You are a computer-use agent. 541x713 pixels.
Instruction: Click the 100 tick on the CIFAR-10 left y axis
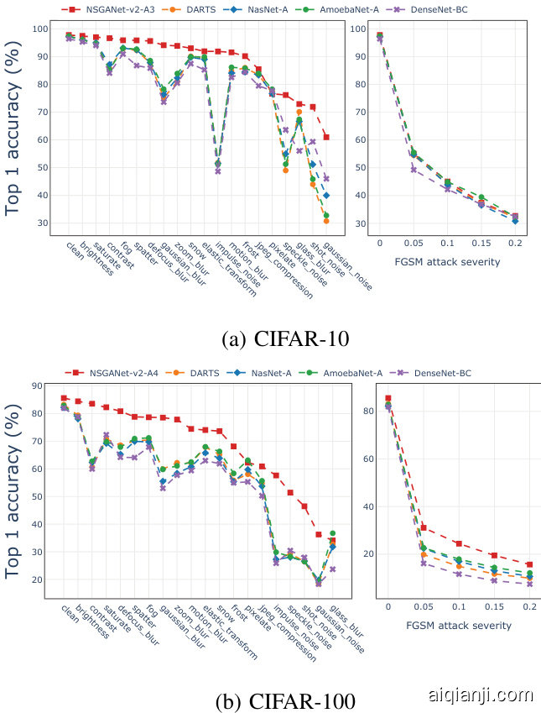tap(41, 29)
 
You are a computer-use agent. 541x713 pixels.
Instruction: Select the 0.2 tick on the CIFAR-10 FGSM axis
tap(515, 242)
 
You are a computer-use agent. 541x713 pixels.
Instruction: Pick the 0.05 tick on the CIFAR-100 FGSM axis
tap(424, 606)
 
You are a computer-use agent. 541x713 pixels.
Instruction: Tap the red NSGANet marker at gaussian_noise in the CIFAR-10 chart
tap(326, 137)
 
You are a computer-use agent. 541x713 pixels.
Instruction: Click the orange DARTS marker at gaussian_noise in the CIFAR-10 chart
tap(326, 221)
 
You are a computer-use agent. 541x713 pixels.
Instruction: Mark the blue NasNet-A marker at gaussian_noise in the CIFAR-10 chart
tap(326, 196)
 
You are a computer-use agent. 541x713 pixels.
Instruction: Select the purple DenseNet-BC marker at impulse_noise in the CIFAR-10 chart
tap(217, 171)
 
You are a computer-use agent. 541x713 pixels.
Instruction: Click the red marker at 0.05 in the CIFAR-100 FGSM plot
tap(424, 527)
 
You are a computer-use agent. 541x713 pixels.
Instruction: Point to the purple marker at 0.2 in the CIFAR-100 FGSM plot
tap(529, 584)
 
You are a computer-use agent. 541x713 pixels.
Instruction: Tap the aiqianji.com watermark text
tap(481, 695)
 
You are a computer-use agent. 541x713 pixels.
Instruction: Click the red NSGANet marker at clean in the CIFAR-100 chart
tap(65, 398)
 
